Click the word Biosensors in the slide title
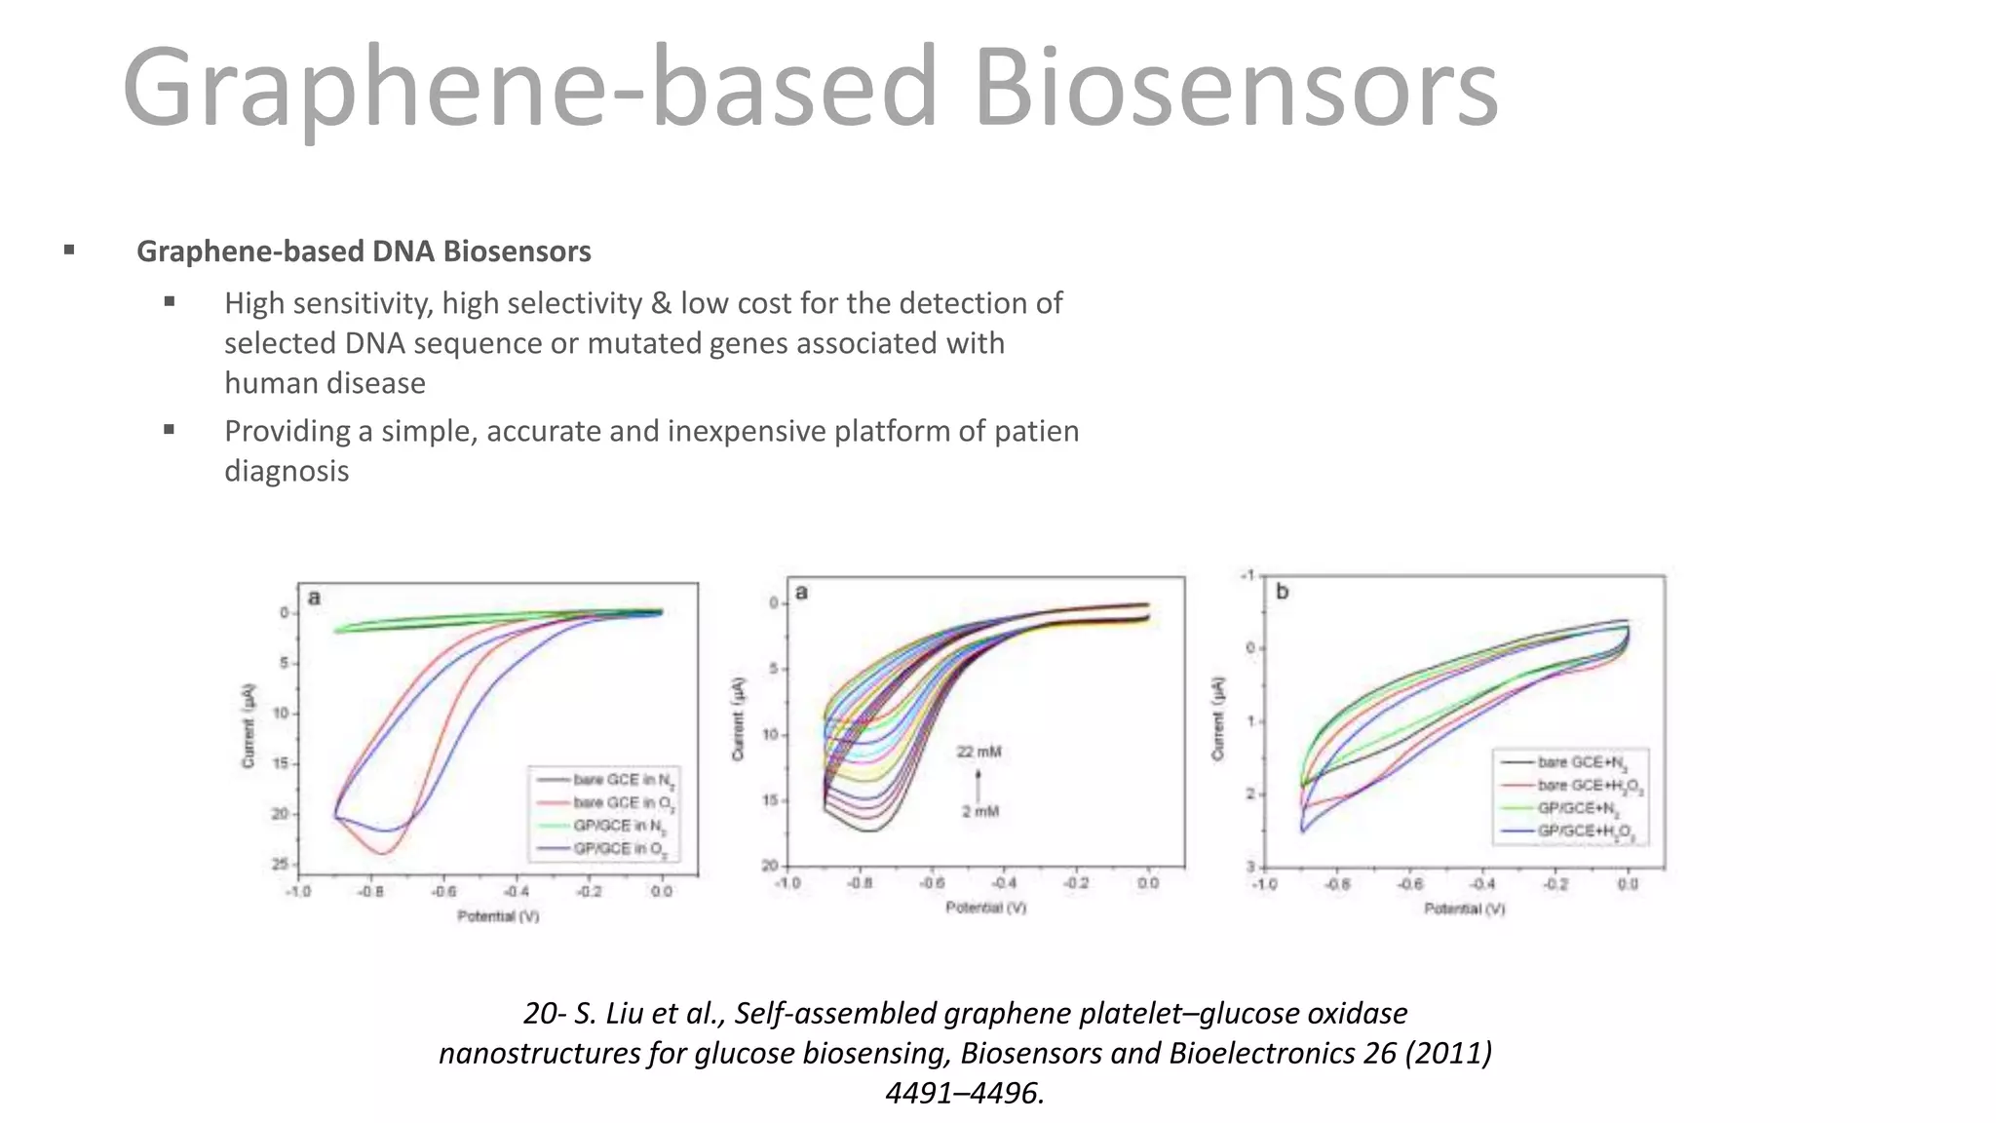pyautogui.click(x=1236, y=88)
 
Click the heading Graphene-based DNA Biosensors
pyautogui.click(x=364, y=252)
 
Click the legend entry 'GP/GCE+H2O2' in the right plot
pyautogui.click(x=1586, y=832)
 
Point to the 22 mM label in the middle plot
pyautogui.click(x=979, y=752)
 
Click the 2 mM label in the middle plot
pyautogui.click(x=980, y=811)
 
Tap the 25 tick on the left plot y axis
pyautogui.click(x=281, y=864)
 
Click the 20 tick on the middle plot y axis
pyautogui.click(x=769, y=866)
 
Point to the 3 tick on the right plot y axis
pyautogui.click(x=1250, y=867)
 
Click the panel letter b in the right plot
pyautogui.click(x=1282, y=592)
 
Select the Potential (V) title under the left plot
pyautogui.click(x=498, y=916)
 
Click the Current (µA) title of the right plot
pyautogui.click(x=1217, y=718)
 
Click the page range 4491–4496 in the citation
pyautogui.click(x=963, y=1094)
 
